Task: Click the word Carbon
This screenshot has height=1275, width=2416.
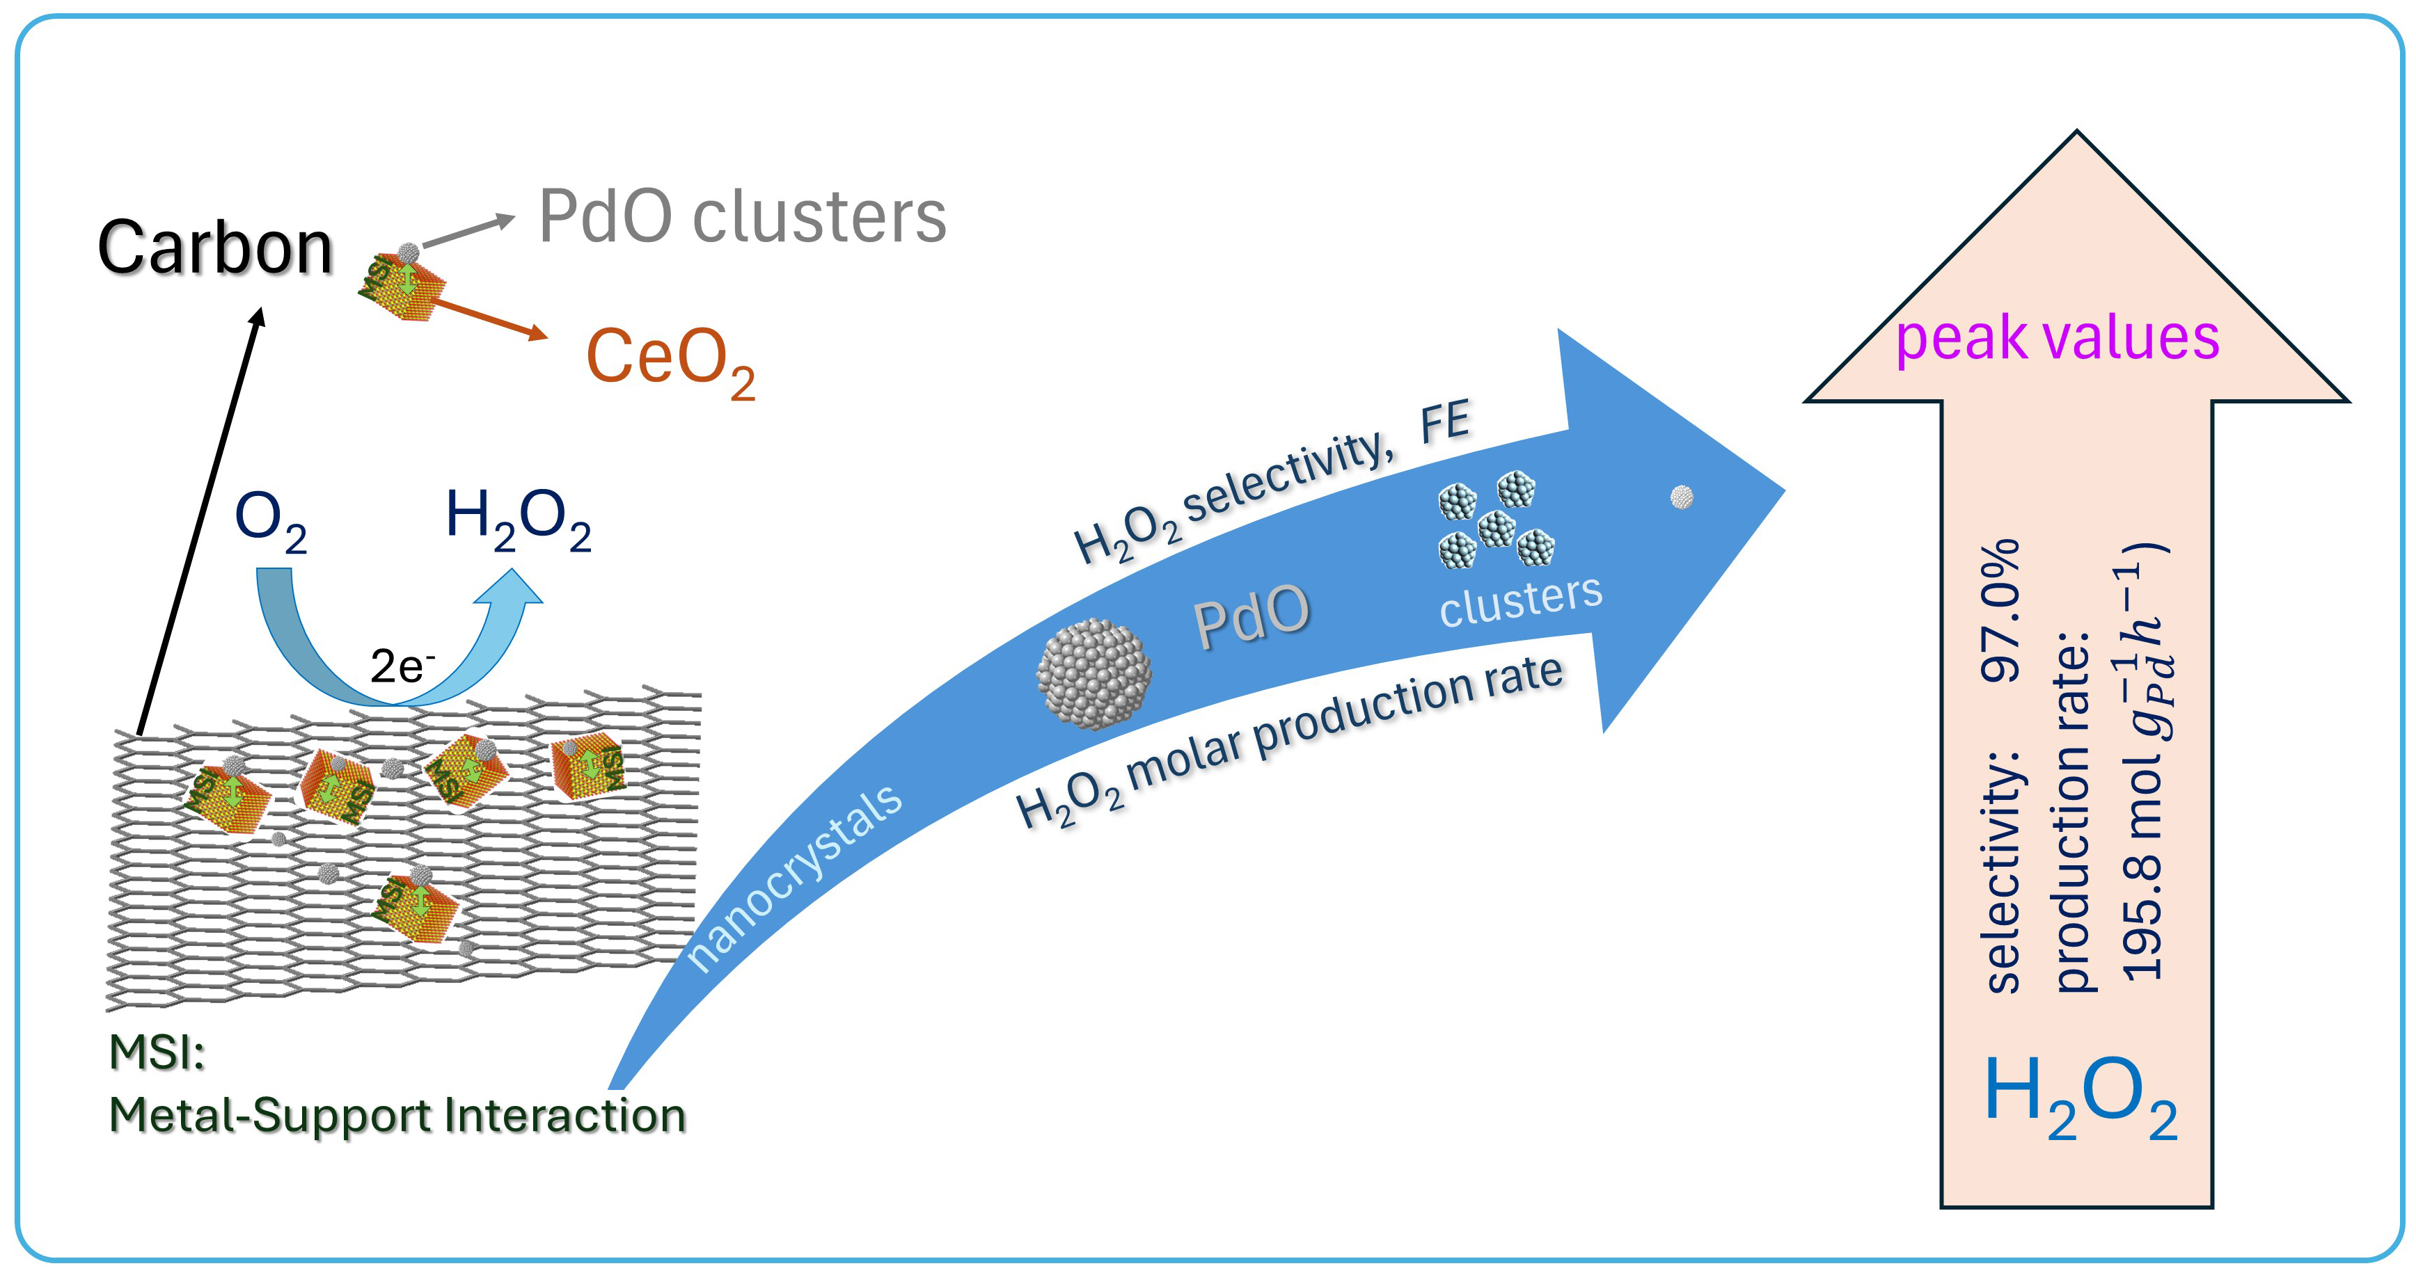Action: [216, 248]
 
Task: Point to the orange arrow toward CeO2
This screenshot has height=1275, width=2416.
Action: [488, 318]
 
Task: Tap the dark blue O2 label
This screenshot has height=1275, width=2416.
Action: [270, 520]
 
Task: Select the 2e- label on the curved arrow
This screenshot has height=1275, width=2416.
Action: [402, 666]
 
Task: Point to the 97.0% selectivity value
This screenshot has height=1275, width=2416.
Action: [2000, 609]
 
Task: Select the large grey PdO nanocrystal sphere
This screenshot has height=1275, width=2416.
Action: [1093, 672]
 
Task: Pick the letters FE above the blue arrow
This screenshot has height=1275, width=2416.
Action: [1444, 422]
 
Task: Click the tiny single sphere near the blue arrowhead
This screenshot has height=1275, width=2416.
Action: [1682, 496]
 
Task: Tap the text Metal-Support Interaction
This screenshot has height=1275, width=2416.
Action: [397, 1116]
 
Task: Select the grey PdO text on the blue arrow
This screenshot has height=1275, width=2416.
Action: [1251, 617]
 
